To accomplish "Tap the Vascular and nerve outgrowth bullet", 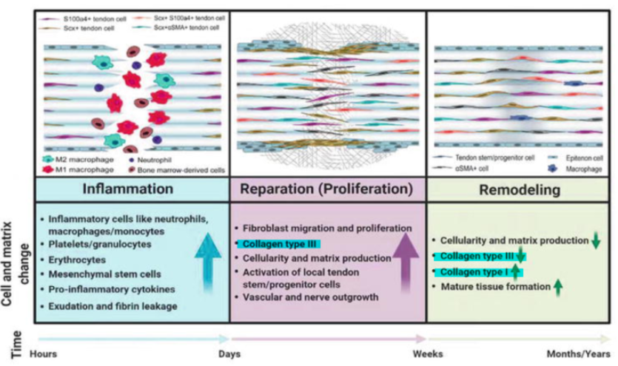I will [x=297, y=297].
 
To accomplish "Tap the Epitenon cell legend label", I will [x=575, y=157].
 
